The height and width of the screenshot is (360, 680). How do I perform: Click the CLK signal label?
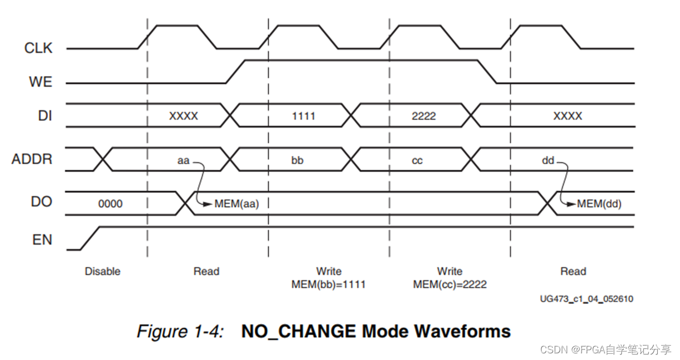[x=38, y=48]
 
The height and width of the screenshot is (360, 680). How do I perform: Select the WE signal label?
[x=41, y=82]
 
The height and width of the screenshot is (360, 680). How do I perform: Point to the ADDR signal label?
[x=32, y=160]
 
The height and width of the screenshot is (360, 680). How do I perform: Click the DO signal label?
[x=42, y=202]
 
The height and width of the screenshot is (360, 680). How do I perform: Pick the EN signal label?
[x=42, y=240]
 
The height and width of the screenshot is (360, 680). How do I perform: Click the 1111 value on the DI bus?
[x=304, y=116]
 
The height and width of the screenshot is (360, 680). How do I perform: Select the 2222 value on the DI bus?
[x=424, y=116]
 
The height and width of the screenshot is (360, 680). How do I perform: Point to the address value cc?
[x=417, y=160]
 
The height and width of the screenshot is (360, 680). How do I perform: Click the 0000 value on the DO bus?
[x=110, y=204]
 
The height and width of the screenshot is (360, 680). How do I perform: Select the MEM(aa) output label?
[x=237, y=204]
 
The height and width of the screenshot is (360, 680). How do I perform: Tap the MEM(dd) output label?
[x=599, y=204]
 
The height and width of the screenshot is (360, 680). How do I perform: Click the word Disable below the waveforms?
[x=103, y=271]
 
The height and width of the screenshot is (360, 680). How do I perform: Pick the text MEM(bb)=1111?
[x=329, y=285]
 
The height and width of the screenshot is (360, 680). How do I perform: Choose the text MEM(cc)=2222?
[x=450, y=285]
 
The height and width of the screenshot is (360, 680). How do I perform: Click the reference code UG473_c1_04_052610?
[x=587, y=299]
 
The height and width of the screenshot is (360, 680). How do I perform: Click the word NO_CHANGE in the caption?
[x=299, y=331]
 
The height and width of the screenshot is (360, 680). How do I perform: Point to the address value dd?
[x=548, y=160]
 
